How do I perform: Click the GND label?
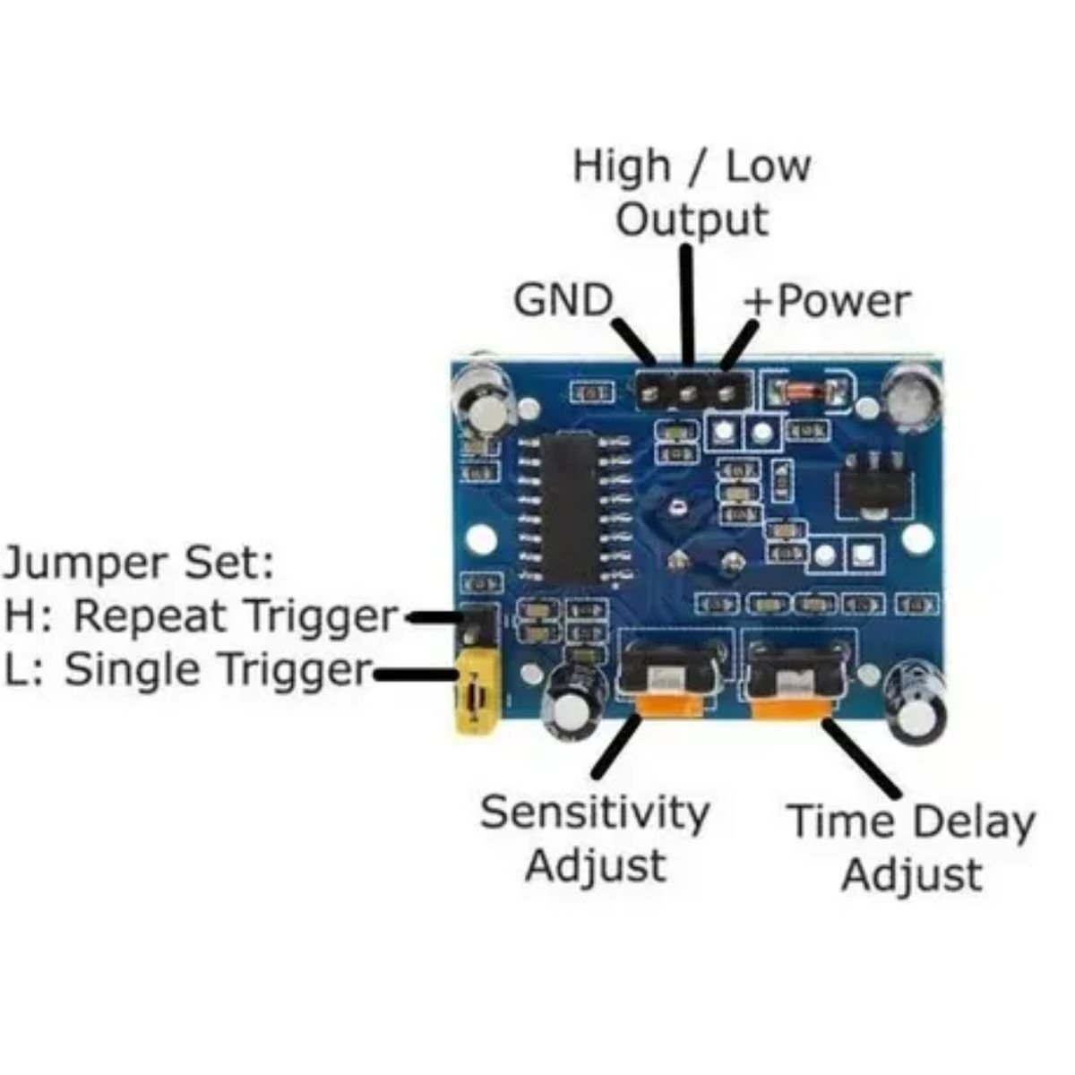[563, 300]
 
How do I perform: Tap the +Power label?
[826, 301]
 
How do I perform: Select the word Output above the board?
[692, 220]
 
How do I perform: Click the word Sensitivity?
[595, 813]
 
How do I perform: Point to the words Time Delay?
[910, 821]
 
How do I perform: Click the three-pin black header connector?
[688, 390]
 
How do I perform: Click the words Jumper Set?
[139, 563]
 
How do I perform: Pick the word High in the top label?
[621, 167]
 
